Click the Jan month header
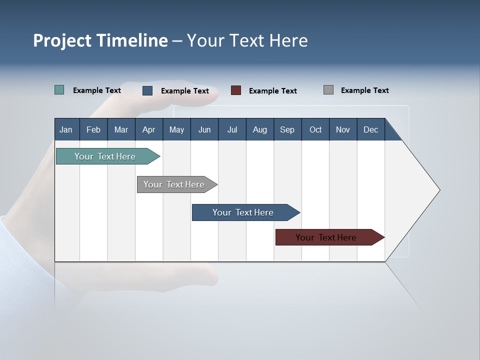pyautogui.click(x=66, y=129)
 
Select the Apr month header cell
pyautogui.click(x=149, y=129)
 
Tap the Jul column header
pyautogui.click(x=232, y=129)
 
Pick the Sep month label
pyautogui.click(x=287, y=129)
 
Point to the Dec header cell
pyautogui.click(x=371, y=129)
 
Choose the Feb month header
pyautogui.click(x=93, y=129)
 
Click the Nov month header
pyautogui.click(x=343, y=129)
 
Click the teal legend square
pyautogui.click(x=59, y=90)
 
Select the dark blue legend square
pyautogui.click(x=147, y=90)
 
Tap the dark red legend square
pyautogui.click(x=236, y=90)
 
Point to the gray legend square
pyautogui.click(x=328, y=90)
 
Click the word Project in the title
pyautogui.click(x=62, y=41)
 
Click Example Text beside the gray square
pyautogui.click(x=364, y=90)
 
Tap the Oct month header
pyautogui.click(x=315, y=129)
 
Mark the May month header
pyautogui.click(x=176, y=129)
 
